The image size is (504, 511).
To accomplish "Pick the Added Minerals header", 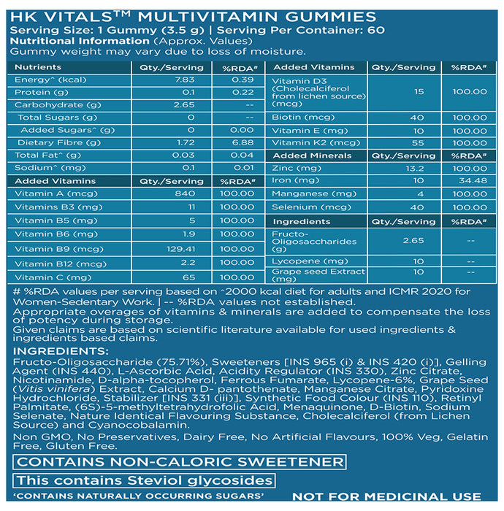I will click(x=302, y=155).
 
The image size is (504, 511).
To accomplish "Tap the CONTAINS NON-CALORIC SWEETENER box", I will click(x=177, y=462).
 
